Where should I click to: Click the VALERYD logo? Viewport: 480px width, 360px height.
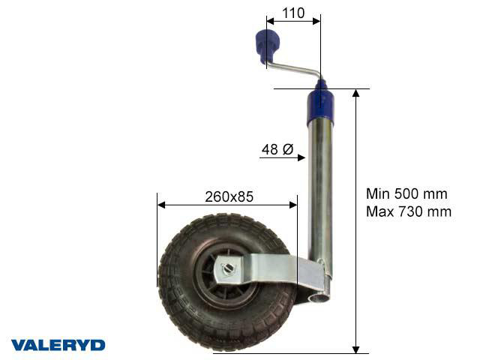58,345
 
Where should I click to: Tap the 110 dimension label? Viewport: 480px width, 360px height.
293,13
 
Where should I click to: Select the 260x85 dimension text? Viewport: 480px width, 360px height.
229,197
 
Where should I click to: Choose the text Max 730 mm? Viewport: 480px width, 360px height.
409,211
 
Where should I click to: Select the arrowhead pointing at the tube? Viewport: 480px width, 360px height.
301,157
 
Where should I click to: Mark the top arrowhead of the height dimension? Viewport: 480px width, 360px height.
356,92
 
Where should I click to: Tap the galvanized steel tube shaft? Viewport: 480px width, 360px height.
322,195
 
